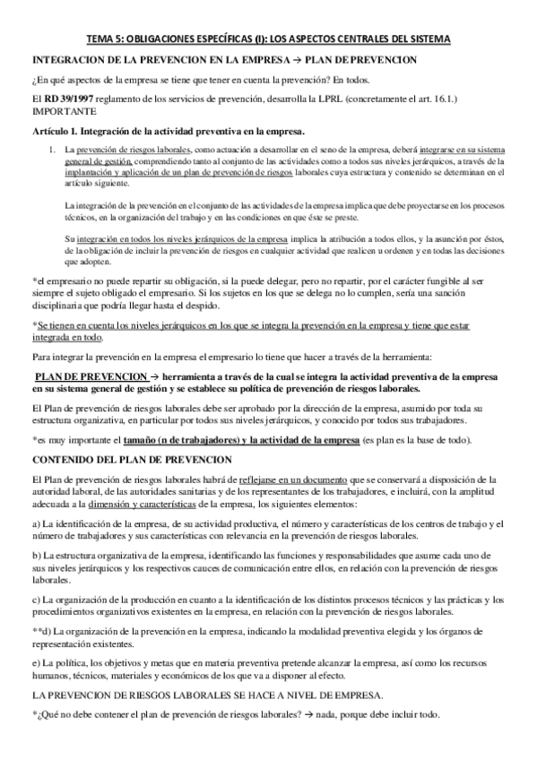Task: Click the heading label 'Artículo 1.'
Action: click(54, 131)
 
